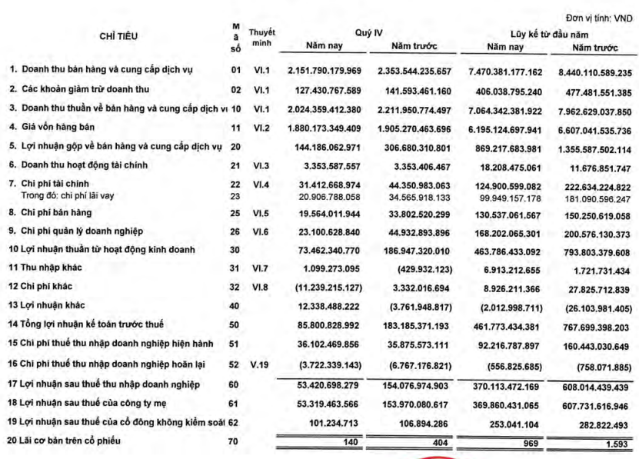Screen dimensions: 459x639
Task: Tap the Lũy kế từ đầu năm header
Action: (548, 33)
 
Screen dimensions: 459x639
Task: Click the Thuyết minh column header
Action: (263, 39)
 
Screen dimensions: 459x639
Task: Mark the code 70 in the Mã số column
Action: (236, 441)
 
